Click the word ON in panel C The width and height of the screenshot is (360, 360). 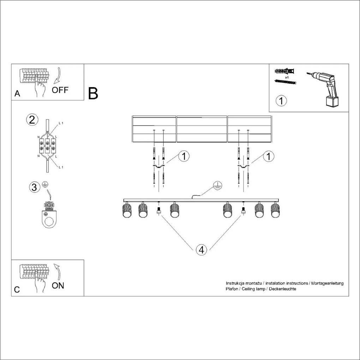point(58,285)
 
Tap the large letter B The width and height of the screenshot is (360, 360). point(93,93)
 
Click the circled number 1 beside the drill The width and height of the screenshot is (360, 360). point(281,101)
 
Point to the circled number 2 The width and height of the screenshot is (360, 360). point(32,120)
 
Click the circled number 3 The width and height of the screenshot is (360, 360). point(34,187)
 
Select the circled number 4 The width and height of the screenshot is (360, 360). point(201,250)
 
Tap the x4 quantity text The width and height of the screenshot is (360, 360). point(287,77)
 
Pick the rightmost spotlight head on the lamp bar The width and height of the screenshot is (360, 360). point(275,210)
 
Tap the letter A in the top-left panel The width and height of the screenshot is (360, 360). point(17,94)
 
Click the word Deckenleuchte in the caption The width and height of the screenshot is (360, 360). point(283,289)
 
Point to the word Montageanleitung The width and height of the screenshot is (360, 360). point(327,283)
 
